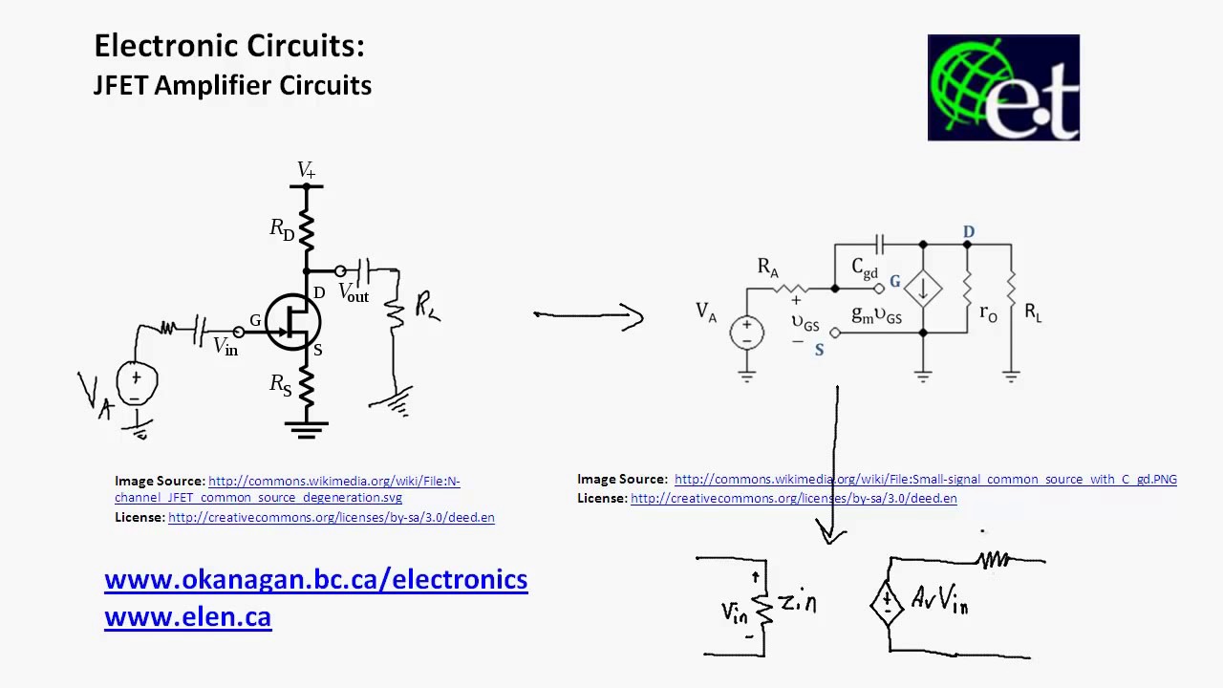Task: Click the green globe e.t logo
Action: tap(1003, 88)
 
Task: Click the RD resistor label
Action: tap(282, 229)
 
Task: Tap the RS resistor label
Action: tap(281, 384)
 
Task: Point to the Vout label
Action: tap(354, 293)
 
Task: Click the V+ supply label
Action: tap(306, 170)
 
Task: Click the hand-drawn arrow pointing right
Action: tap(589, 316)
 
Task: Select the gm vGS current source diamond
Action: tap(923, 289)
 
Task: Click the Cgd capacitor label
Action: tap(864, 269)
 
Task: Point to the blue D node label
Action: tap(969, 232)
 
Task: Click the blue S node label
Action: tap(819, 351)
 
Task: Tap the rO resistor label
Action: tap(988, 312)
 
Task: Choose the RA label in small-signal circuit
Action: tap(768, 268)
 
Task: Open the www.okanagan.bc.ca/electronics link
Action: tap(315, 579)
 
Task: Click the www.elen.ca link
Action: tap(187, 617)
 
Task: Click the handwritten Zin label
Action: tap(797, 602)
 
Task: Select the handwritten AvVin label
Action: tap(939, 600)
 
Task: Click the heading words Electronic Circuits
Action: tap(229, 46)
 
